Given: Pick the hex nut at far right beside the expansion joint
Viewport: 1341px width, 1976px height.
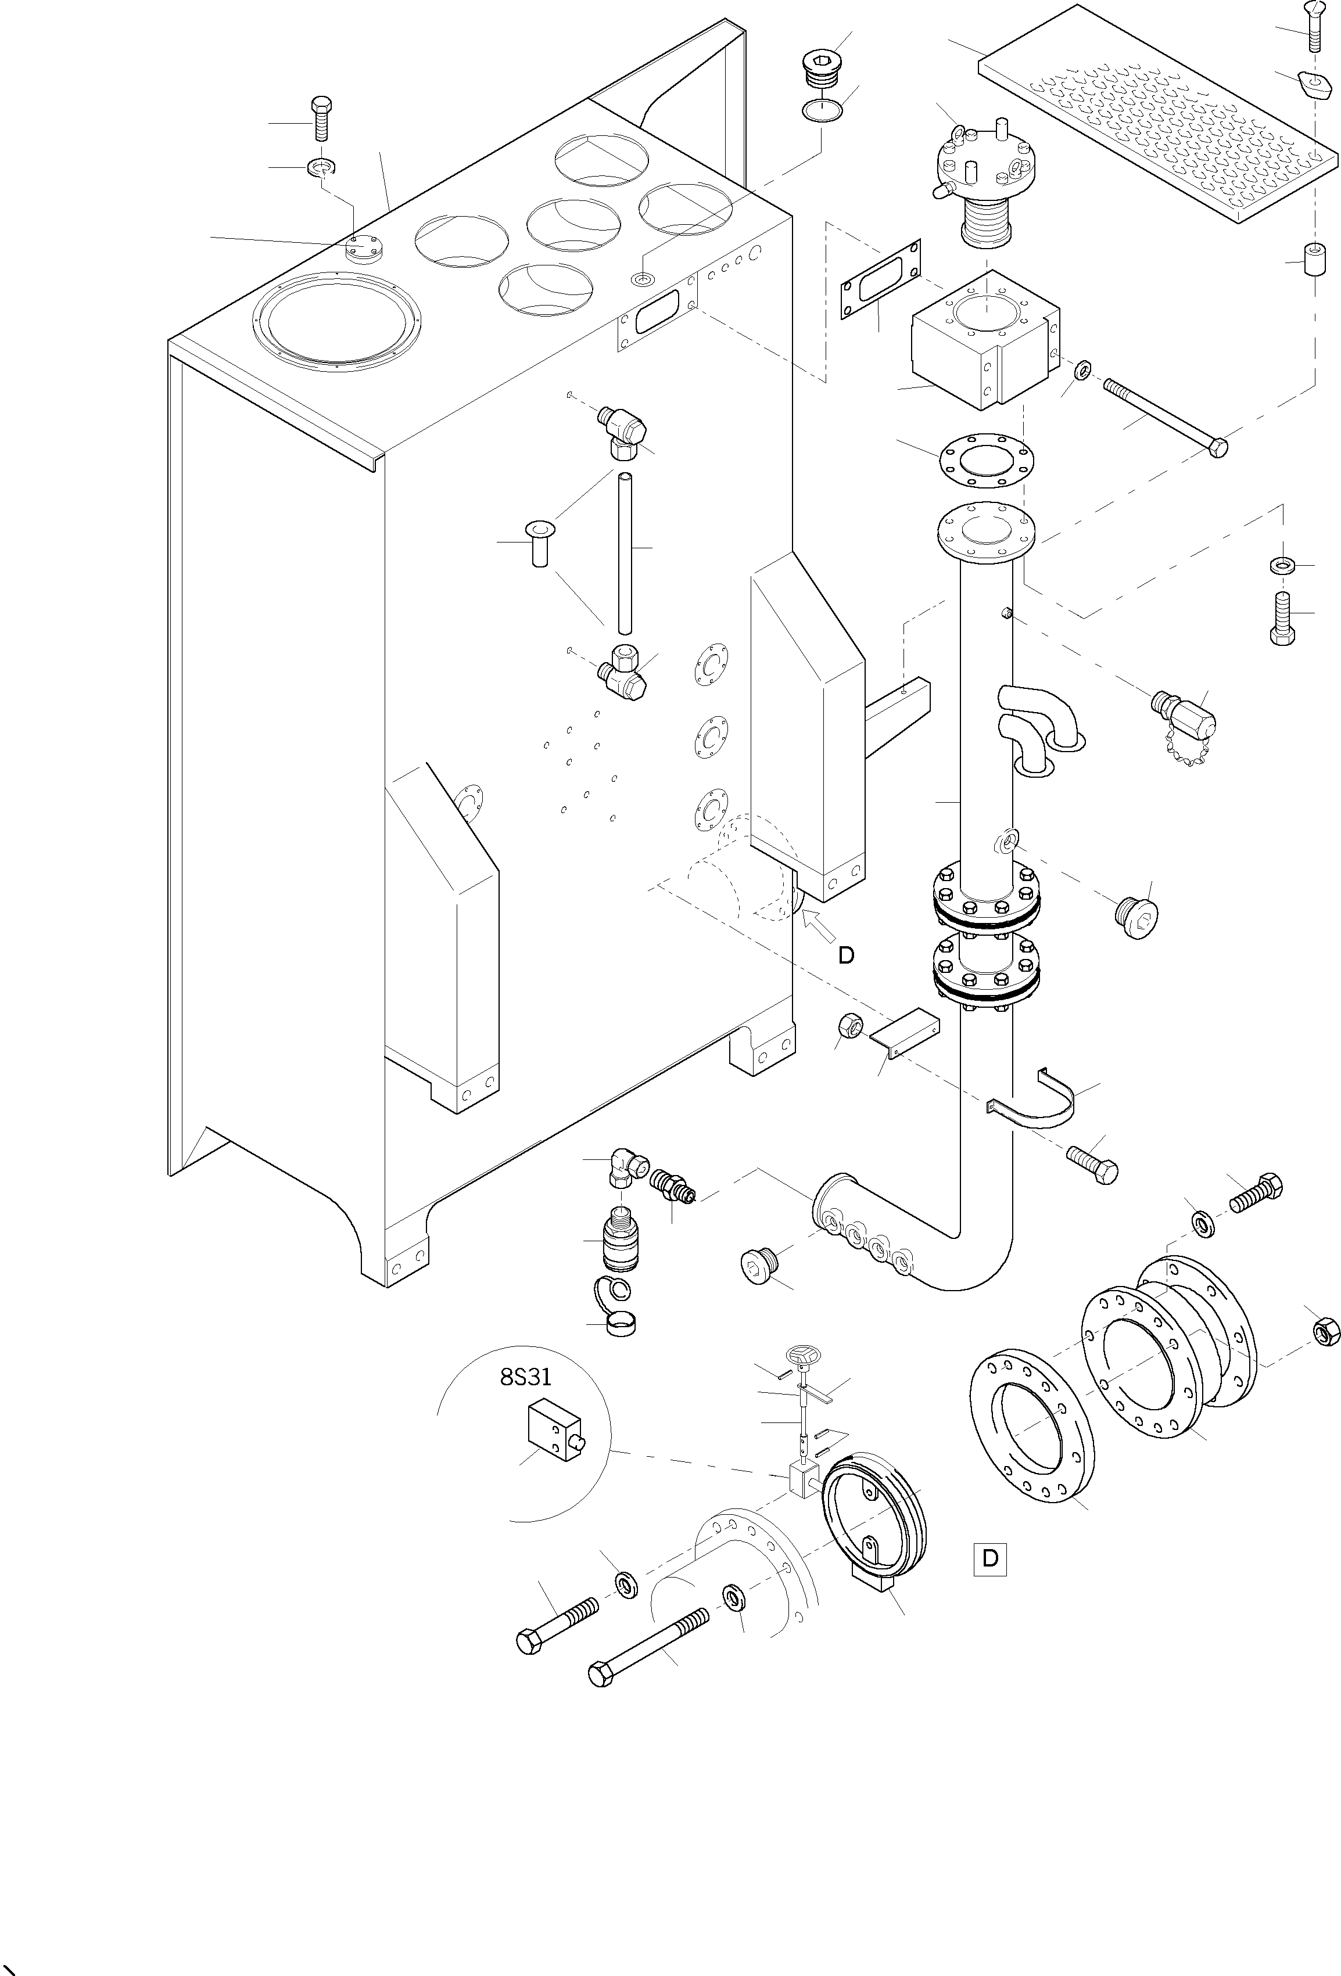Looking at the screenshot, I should click(x=1326, y=1330).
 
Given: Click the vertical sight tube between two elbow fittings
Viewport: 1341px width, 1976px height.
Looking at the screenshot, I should click(x=625, y=553).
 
